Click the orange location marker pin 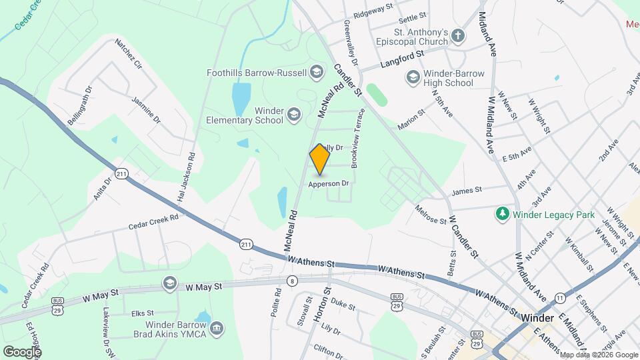(319, 159)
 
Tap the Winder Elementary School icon (293, 115)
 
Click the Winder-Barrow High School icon (413, 78)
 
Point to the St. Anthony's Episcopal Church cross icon (457, 36)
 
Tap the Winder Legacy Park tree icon (501, 214)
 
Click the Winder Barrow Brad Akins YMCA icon (217, 328)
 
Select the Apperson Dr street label (329, 183)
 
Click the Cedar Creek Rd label (155, 223)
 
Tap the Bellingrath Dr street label (79, 105)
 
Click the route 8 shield (292, 281)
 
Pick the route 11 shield (560, 297)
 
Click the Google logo (22, 351)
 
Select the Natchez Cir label (129, 55)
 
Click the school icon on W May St (169, 283)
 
